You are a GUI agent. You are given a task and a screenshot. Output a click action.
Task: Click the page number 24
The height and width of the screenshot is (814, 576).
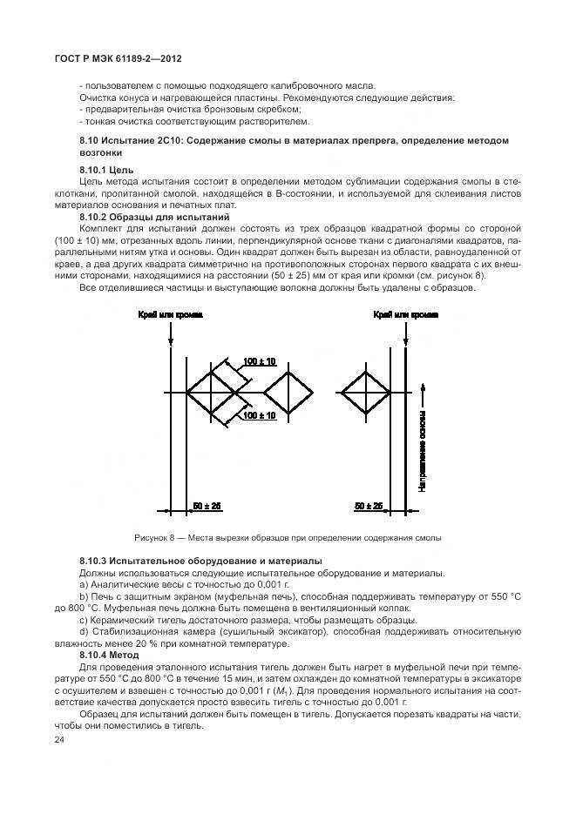[58, 740]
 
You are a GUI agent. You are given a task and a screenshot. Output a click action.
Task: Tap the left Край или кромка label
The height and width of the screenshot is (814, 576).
[170, 315]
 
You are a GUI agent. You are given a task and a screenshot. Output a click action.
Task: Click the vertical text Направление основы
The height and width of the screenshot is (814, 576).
[422, 449]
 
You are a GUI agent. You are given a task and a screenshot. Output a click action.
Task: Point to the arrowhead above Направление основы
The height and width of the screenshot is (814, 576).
[422, 385]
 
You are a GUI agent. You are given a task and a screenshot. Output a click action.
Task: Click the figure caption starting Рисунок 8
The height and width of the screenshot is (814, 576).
[288, 537]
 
